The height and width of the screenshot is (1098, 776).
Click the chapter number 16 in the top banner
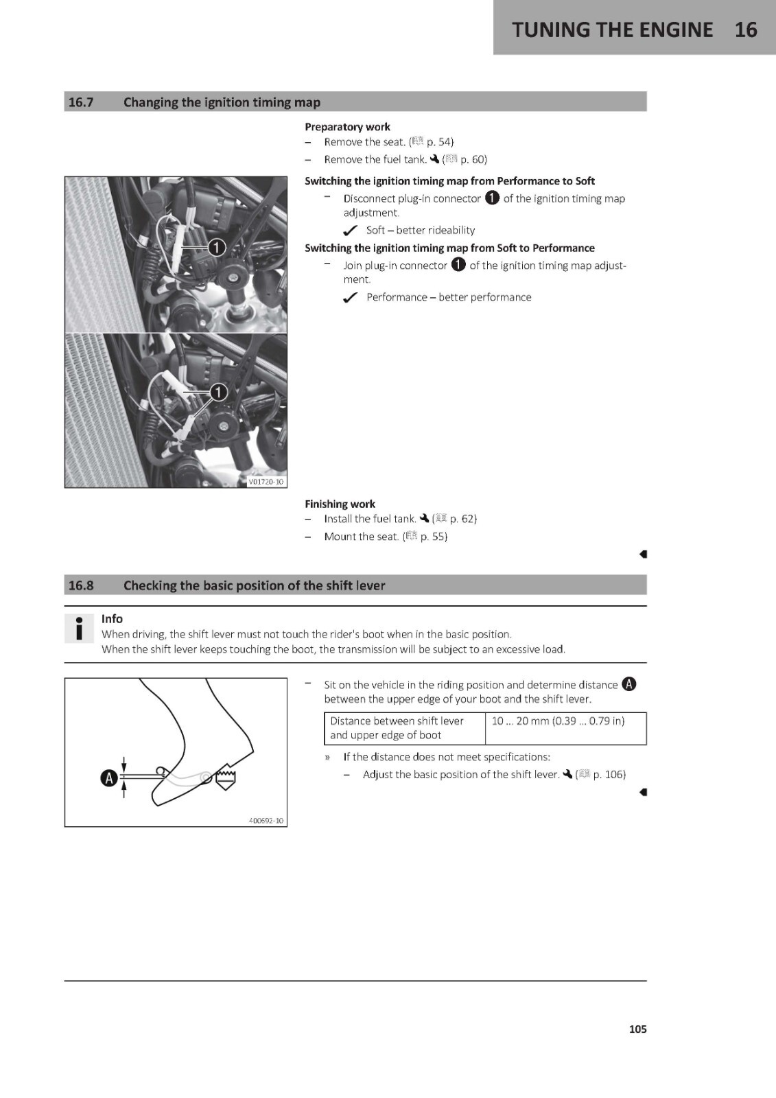click(746, 30)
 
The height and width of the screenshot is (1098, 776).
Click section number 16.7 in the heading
click(81, 102)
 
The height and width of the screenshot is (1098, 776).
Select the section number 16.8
click(81, 585)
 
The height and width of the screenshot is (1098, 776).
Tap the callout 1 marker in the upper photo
click(217, 248)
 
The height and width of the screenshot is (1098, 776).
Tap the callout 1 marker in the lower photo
click(219, 392)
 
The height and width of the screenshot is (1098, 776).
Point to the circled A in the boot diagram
click(108, 778)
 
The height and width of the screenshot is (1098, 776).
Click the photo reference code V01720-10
click(266, 482)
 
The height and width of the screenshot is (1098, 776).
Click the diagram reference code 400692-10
click(266, 821)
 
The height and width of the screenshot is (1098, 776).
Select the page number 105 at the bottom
click(638, 1029)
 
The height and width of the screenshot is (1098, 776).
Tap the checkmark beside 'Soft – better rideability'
click(350, 231)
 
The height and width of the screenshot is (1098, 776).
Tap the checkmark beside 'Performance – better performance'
click(350, 298)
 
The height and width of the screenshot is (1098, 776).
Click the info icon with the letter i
click(79, 628)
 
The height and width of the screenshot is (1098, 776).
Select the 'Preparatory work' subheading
click(347, 127)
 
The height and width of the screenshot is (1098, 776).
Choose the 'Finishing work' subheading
click(340, 504)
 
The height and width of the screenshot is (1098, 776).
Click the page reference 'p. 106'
click(608, 775)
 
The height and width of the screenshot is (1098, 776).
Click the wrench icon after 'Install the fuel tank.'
click(425, 518)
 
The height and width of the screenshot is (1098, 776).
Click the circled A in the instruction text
click(629, 684)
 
